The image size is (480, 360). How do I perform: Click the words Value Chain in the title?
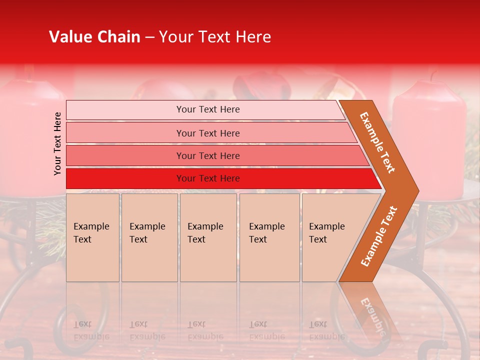94,37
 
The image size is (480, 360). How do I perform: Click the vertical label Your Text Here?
57,143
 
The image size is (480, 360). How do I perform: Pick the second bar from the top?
207,133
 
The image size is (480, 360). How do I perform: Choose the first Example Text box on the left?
92,237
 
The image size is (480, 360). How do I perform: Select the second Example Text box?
149,237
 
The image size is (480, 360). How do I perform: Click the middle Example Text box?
208,237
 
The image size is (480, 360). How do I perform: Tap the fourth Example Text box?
269,237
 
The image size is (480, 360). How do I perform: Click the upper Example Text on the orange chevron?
377,142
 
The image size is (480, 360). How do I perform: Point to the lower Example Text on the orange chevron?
379,236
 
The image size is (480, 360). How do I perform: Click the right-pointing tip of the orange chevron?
415,191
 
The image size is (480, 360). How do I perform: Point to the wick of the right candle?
432,76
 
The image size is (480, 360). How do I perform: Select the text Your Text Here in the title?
214,37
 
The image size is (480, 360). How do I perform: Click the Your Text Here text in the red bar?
208,178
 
